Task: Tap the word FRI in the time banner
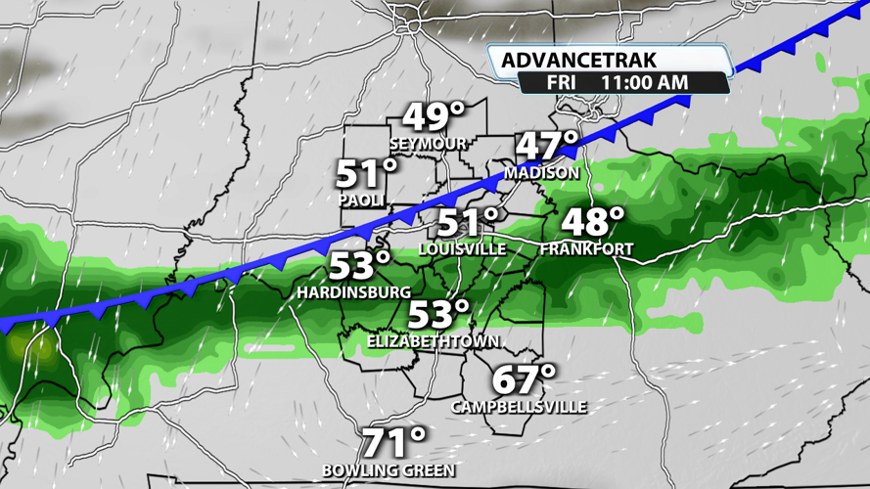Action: (x=560, y=83)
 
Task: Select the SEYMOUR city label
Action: (x=427, y=144)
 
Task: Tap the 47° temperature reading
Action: (x=548, y=147)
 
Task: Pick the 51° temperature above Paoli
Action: (x=368, y=175)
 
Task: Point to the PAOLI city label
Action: (x=360, y=200)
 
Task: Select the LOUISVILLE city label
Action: (x=462, y=249)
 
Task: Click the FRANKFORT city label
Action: (x=586, y=249)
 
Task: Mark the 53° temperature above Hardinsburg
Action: (x=359, y=266)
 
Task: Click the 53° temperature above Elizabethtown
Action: (x=438, y=315)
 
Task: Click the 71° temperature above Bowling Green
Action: (x=394, y=444)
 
